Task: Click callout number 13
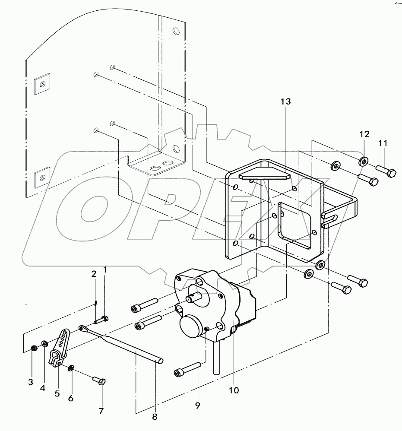click(x=285, y=102)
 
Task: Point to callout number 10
click(x=234, y=390)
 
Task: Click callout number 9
click(x=197, y=405)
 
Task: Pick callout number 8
click(x=155, y=417)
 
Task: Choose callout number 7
click(x=101, y=411)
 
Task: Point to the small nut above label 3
click(x=34, y=348)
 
